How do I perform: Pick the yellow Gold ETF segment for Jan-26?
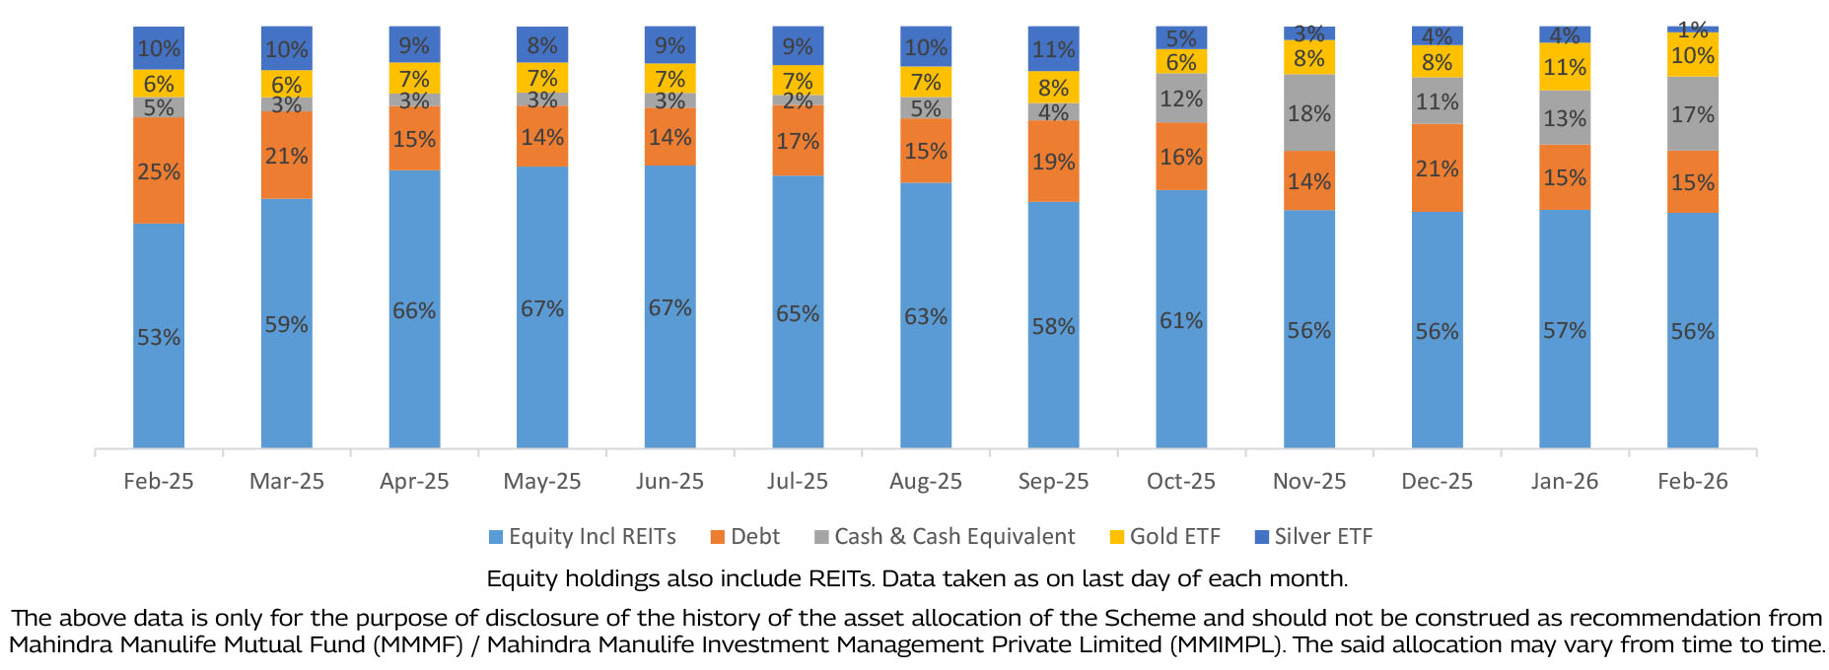pyautogui.click(x=1565, y=67)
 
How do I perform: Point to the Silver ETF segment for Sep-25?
pyautogui.click(x=1053, y=48)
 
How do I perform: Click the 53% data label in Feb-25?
pyautogui.click(x=159, y=337)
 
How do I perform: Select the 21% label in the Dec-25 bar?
pyautogui.click(x=1437, y=168)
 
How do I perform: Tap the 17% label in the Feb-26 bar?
pyautogui.click(x=1692, y=114)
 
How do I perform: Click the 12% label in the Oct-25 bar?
pyautogui.click(x=1181, y=99)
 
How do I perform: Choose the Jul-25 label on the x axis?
pyautogui.click(x=798, y=481)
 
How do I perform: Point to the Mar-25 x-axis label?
pyautogui.click(x=287, y=481)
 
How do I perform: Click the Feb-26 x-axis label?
pyautogui.click(x=1692, y=481)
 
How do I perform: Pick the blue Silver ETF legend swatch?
pyautogui.click(x=1261, y=537)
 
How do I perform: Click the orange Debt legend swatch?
pyautogui.click(x=718, y=537)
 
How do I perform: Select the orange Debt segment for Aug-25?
pyautogui.click(x=926, y=151)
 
